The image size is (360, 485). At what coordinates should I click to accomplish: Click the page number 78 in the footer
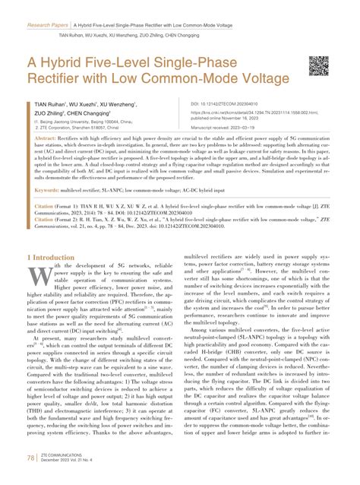click(30, 459)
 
